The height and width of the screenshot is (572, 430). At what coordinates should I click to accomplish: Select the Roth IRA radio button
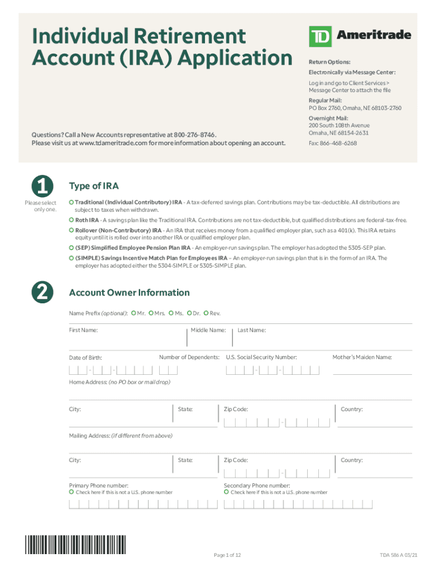tap(71, 220)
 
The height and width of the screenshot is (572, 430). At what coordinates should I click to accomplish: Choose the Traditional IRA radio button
tap(71, 202)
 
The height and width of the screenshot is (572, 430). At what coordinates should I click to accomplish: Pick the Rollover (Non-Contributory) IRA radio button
tap(71, 230)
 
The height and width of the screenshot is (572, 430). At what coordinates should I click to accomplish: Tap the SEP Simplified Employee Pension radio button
tap(71, 247)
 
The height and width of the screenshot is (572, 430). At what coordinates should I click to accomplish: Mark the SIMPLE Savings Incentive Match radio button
tap(71, 258)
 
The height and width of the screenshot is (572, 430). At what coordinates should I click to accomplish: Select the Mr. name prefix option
tap(133, 313)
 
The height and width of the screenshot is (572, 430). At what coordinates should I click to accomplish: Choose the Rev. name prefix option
tap(206, 313)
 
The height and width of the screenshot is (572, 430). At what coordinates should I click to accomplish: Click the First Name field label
tap(83, 331)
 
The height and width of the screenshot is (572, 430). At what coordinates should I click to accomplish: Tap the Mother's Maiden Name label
tap(362, 357)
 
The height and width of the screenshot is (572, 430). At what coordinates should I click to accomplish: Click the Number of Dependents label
tap(189, 357)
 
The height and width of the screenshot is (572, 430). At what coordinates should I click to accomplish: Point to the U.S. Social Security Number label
tap(261, 357)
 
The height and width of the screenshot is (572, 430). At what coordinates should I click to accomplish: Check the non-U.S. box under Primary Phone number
tap(71, 492)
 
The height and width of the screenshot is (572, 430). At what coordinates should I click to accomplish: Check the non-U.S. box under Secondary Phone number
tap(227, 492)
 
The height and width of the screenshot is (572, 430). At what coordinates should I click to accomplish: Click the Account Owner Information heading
tap(129, 293)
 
